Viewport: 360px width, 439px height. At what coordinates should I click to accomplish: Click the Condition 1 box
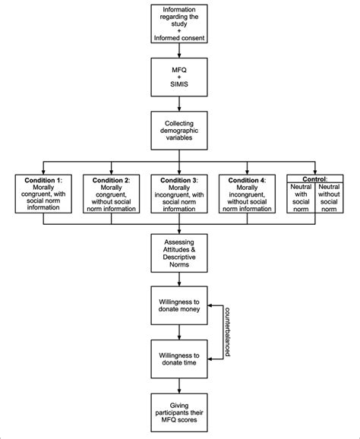[44, 194]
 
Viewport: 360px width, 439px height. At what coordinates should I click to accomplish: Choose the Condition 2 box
[112, 194]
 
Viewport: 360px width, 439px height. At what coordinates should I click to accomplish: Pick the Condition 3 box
[179, 194]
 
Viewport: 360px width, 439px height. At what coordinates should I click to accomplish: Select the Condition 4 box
[247, 194]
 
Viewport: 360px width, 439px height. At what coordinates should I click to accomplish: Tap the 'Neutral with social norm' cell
[301, 199]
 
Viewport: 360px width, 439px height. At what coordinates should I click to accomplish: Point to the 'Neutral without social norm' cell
[328, 199]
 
